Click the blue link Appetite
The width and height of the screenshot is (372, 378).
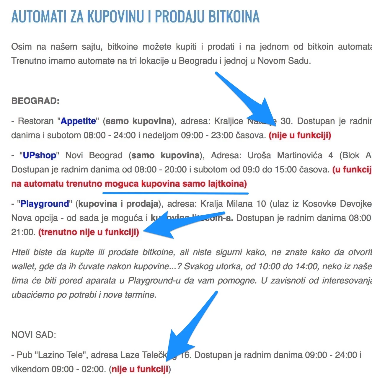click(x=78, y=121)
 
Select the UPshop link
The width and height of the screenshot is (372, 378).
click(x=40, y=155)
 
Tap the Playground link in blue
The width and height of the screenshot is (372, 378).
click(x=45, y=204)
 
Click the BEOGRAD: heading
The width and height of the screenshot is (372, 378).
click(x=35, y=101)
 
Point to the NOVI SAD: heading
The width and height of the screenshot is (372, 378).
click(x=34, y=335)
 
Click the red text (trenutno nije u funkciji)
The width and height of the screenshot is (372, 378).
click(x=89, y=232)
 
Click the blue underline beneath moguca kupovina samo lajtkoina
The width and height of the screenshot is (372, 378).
click(x=175, y=193)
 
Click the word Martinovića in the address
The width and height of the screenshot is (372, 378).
click(x=299, y=155)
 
